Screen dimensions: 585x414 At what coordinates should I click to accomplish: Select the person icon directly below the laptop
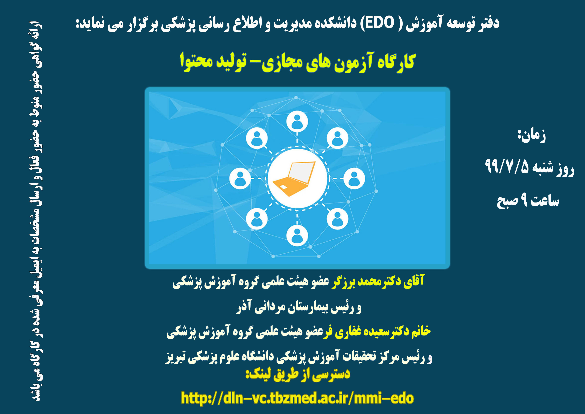coord(297,235)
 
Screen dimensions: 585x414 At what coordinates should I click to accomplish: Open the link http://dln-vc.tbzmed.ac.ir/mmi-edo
coord(297,398)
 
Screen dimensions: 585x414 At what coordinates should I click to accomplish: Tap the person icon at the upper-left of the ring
coord(257,138)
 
